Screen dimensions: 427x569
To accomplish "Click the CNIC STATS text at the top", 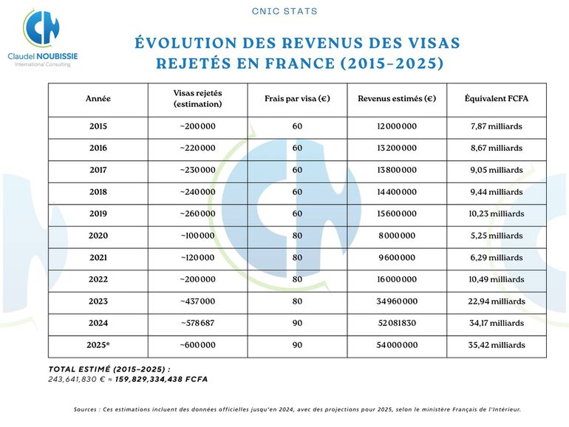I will (284, 11).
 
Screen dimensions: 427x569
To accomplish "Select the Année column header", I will (98, 99).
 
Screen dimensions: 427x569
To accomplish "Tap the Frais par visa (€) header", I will (297, 99).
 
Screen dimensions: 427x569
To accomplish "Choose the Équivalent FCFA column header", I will (496, 99).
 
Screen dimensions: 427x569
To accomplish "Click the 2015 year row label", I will (98, 126).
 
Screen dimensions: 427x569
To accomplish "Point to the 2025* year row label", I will (99, 345).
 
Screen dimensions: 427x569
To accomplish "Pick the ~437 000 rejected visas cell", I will (197, 301).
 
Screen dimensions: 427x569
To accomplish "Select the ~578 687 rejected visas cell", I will (197, 323).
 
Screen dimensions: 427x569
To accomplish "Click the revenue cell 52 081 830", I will (397, 323).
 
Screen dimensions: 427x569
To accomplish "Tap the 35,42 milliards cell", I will (496, 345).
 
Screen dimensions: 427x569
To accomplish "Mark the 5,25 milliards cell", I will (496, 236).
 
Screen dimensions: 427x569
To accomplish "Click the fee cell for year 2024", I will (297, 323).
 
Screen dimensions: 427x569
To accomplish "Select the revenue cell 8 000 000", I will (397, 236).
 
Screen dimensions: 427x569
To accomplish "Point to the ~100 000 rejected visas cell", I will (197, 236).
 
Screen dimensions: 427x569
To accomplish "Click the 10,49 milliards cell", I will (496, 279).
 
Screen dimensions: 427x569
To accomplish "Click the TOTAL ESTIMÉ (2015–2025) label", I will (109, 369).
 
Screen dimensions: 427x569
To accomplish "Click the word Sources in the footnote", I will (88, 409).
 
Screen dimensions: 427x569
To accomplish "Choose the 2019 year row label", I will (98, 213).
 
